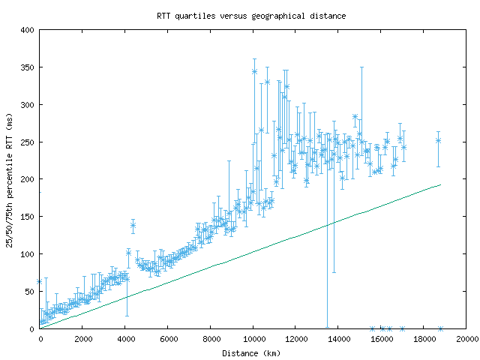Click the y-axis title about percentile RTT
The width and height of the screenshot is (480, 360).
(10, 179)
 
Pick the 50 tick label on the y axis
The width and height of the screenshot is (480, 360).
(31, 291)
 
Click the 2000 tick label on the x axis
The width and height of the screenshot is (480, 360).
(82, 339)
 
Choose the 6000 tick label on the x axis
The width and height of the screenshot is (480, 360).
(167, 339)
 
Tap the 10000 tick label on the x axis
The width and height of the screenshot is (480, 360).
(253, 339)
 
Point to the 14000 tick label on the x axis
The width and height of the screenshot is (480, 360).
(338, 339)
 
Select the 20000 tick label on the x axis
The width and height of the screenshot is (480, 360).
(466, 339)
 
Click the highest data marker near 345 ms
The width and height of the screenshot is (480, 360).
(254, 72)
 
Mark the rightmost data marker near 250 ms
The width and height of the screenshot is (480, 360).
(438, 140)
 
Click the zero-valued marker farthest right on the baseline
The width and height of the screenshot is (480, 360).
(440, 328)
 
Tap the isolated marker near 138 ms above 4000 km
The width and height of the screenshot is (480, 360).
(133, 225)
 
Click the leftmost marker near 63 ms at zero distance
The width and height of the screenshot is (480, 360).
(40, 281)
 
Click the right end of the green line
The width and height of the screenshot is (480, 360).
(440, 184)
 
